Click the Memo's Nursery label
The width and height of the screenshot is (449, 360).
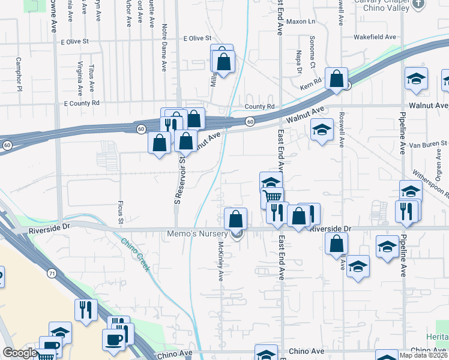point(202,233)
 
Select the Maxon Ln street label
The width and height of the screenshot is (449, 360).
point(301,22)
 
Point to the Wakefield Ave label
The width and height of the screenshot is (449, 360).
point(375,37)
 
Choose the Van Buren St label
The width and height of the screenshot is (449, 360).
point(428,144)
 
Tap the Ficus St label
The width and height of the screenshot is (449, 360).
point(120,214)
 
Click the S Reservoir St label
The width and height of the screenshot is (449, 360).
point(178,179)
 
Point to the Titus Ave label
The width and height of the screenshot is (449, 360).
point(91,78)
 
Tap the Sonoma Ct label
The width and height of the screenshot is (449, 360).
point(312,52)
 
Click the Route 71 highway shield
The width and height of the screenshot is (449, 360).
point(52,274)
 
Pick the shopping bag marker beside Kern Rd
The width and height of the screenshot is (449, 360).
point(336,78)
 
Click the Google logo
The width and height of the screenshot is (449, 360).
point(20,353)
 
